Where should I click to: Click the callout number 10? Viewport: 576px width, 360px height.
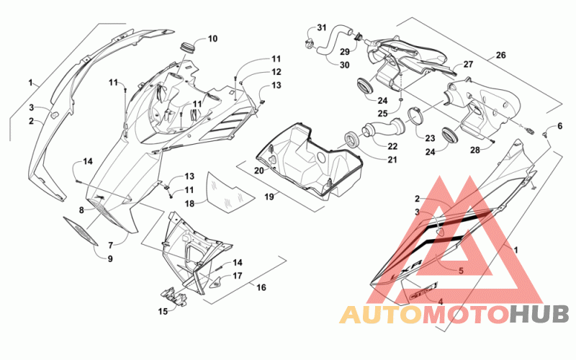212,39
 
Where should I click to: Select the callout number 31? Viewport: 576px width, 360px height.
321,27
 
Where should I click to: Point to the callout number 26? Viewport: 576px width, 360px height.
500,55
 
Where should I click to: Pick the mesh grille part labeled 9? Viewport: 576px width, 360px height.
81,231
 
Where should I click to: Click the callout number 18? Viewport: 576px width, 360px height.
189,203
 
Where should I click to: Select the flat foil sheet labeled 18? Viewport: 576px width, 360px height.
230,192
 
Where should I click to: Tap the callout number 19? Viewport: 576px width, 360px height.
269,197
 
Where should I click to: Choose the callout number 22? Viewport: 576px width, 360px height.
392,146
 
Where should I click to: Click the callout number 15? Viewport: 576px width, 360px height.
163,312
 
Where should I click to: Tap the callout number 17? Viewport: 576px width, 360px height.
238,276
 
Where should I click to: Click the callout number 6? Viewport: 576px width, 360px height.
560,126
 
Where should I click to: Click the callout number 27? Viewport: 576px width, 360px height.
468,64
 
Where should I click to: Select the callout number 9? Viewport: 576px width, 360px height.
110,258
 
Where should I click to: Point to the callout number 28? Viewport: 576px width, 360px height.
475,150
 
